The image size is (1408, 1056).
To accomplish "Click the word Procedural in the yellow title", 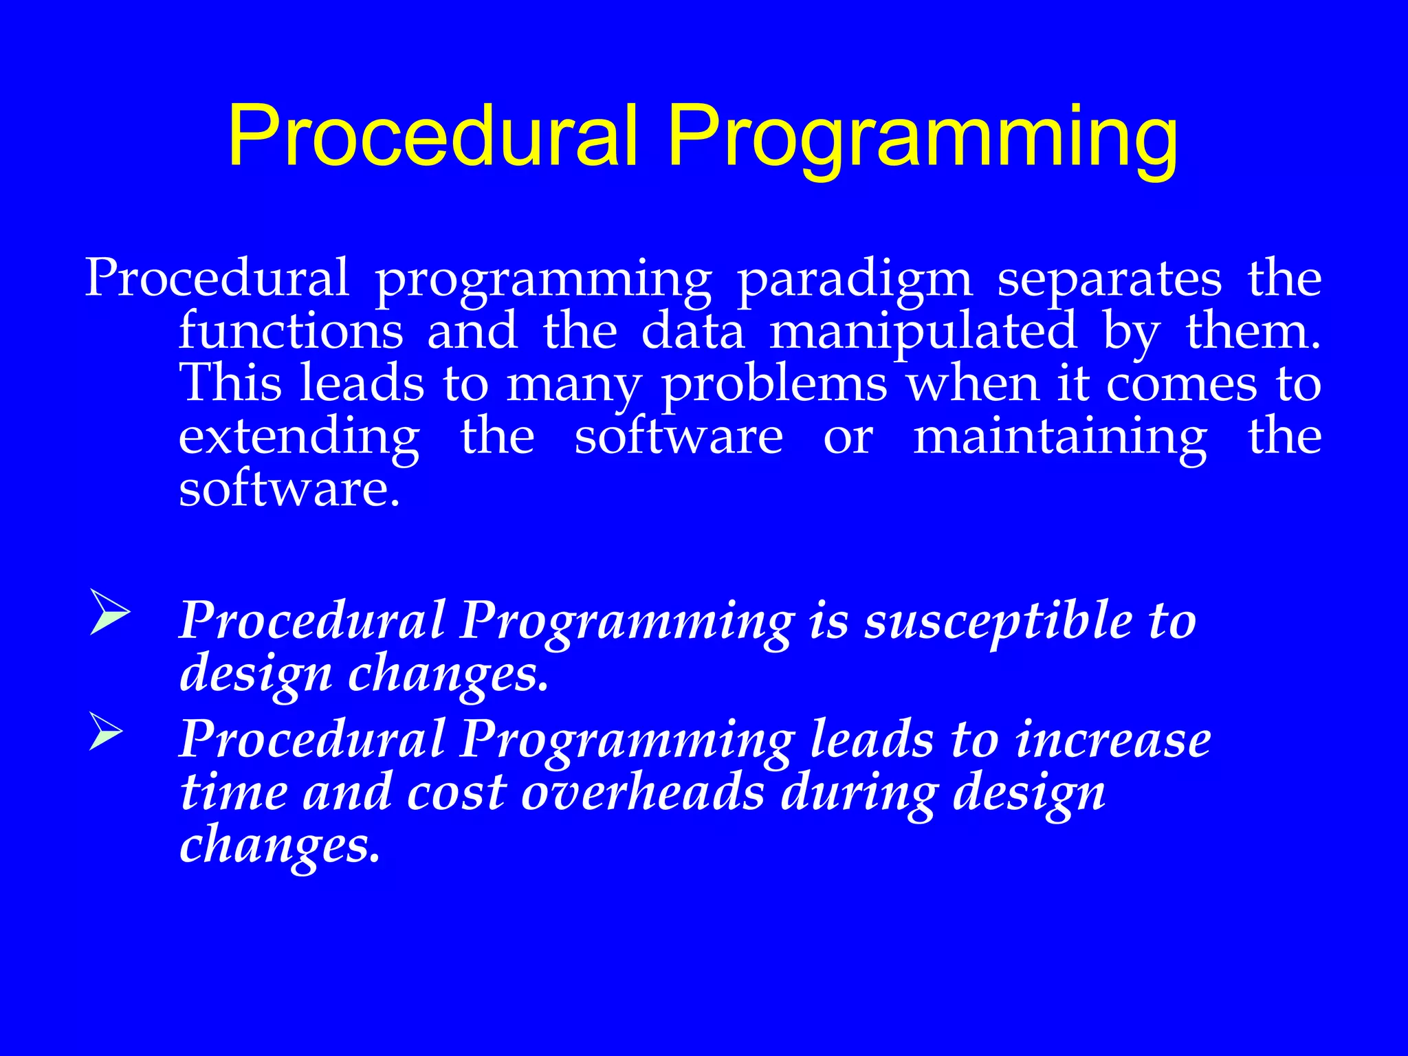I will [433, 135].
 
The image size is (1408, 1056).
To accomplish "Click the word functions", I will [291, 331].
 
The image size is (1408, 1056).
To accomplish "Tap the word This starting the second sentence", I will [230, 384].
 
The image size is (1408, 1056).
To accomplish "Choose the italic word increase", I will [1113, 740].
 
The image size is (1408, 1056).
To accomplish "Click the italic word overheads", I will [643, 792].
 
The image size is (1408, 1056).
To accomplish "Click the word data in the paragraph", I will [692, 331].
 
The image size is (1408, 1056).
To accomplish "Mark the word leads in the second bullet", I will [872, 740].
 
